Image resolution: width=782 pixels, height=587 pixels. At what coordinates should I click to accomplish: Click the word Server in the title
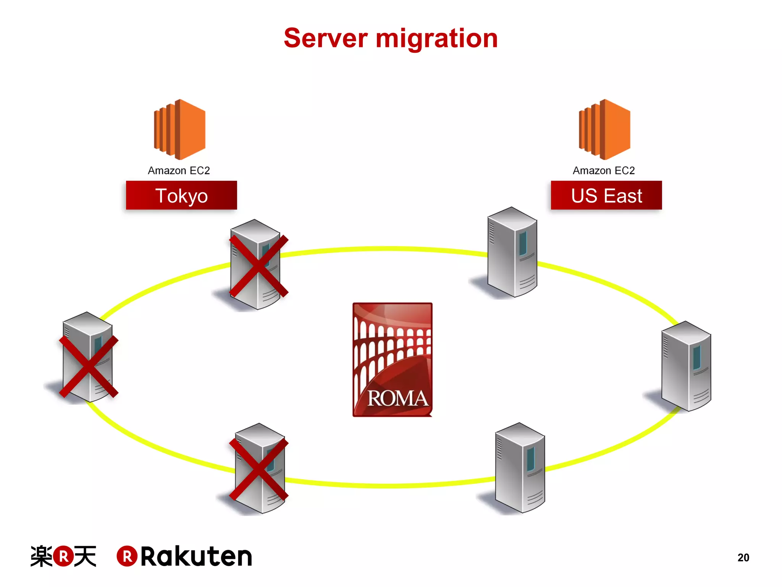point(325,39)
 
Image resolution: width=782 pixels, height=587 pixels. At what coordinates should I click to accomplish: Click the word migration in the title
point(437,39)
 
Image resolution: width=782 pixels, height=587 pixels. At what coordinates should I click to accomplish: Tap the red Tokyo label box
point(181,195)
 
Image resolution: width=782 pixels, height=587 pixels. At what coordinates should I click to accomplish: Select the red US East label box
point(606,195)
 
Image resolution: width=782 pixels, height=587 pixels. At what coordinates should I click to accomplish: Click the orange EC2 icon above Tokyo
point(180,129)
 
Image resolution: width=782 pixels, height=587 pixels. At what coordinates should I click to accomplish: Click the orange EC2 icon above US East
point(604,129)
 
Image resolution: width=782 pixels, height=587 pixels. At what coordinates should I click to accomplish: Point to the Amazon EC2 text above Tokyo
point(179,170)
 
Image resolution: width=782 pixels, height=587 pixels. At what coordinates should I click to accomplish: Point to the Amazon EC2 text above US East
point(604,170)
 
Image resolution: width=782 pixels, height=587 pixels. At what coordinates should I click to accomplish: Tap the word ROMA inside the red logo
point(397,399)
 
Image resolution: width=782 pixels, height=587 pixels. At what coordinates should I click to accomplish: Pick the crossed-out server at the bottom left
point(260,469)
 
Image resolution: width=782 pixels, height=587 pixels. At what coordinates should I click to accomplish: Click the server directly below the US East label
point(512,253)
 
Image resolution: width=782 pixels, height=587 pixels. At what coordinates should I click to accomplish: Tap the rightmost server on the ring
point(686,366)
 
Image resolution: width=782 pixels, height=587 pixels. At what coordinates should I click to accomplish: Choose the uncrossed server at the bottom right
point(520,468)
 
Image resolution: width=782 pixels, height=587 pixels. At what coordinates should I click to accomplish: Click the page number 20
point(743,558)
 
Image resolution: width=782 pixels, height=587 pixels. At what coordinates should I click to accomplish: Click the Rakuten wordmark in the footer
point(196,556)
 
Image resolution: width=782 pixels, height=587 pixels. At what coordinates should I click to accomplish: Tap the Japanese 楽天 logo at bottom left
point(63,556)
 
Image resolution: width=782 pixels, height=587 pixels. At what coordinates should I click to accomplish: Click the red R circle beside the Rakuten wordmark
point(127,556)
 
